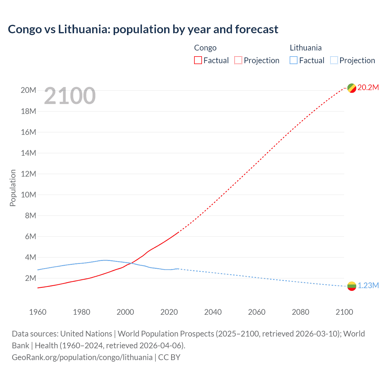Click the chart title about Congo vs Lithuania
[x=143, y=29]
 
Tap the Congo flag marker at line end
[x=352, y=88]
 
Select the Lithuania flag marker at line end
[x=352, y=286]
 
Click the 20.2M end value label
[x=368, y=88]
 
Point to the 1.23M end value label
[x=368, y=286]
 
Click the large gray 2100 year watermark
[x=70, y=96]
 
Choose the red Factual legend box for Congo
[x=198, y=60]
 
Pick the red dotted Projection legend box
[x=238, y=60]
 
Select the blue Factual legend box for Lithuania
[x=294, y=60]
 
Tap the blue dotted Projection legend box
[x=334, y=60]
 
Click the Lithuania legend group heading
[x=306, y=48]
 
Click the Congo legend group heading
[x=205, y=48]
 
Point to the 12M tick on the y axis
[x=28, y=174]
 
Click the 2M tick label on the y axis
[x=30, y=278]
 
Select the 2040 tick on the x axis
[x=213, y=312]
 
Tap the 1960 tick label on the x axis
[x=38, y=312]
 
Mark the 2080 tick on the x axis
[x=301, y=312]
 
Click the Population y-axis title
[x=13, y=188]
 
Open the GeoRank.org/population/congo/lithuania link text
[x=82, y=357]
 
